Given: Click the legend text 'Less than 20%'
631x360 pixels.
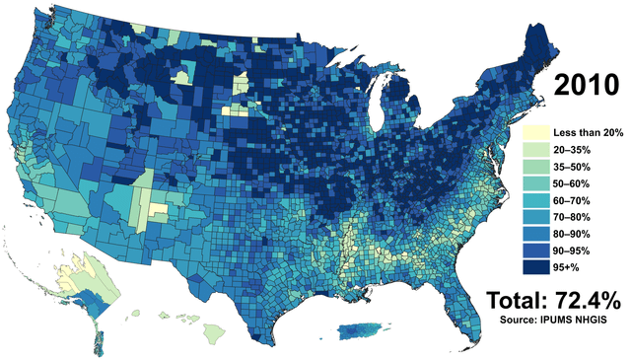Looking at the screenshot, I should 588,132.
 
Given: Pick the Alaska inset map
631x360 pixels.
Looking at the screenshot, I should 85,286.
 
